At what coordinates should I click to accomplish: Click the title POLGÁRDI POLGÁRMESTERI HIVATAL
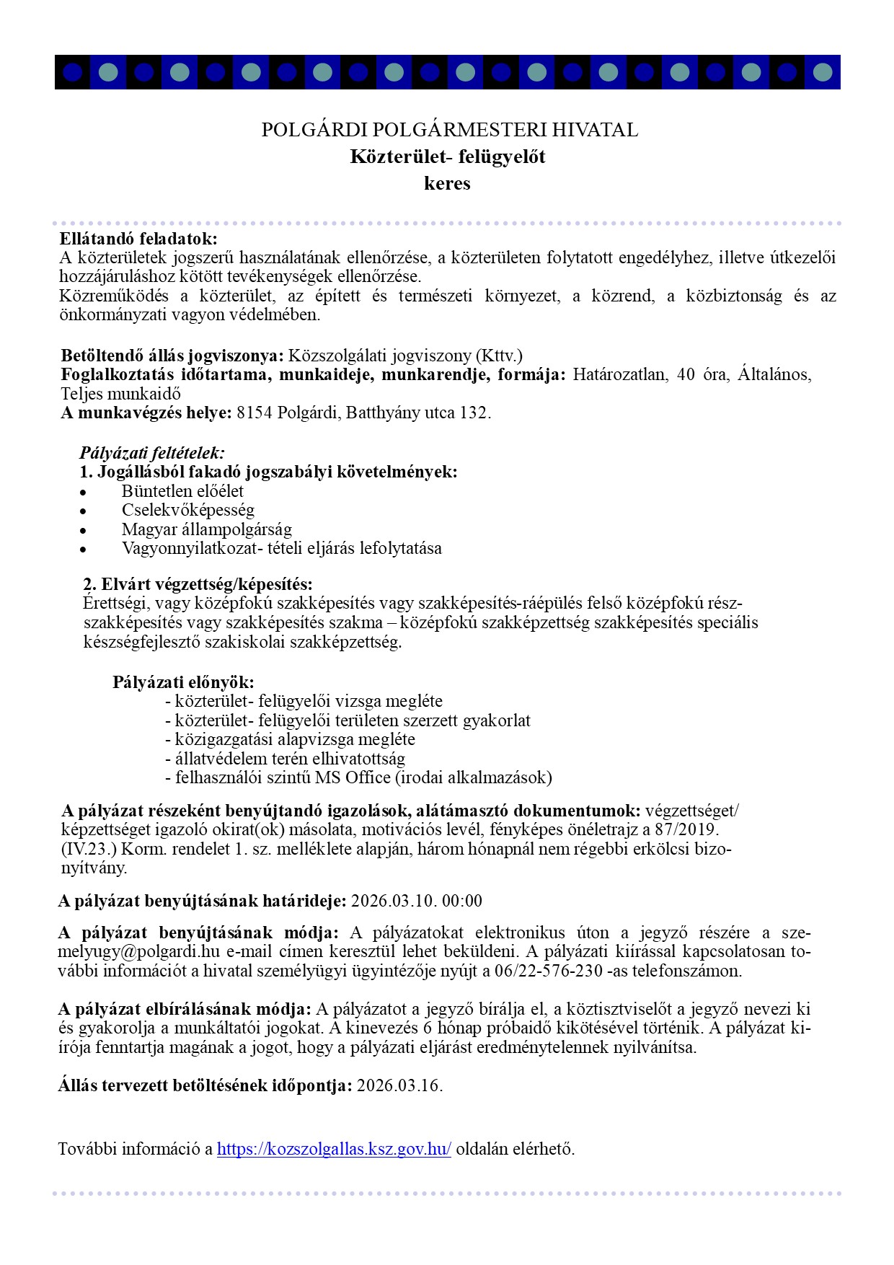(449, 131)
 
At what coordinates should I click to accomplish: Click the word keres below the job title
(447, 183)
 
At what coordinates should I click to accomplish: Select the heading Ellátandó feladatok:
(138, 239)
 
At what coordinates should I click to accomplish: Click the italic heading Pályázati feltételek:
(152, 454)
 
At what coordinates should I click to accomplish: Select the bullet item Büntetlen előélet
(182, 491)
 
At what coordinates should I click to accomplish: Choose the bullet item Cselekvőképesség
(188, 510)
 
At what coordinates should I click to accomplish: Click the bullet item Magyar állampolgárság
(207, 529)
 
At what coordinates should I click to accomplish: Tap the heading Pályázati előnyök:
(183, 682)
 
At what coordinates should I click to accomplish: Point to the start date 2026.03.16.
(399, 1085)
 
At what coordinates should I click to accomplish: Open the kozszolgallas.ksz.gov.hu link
(334, 1150)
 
